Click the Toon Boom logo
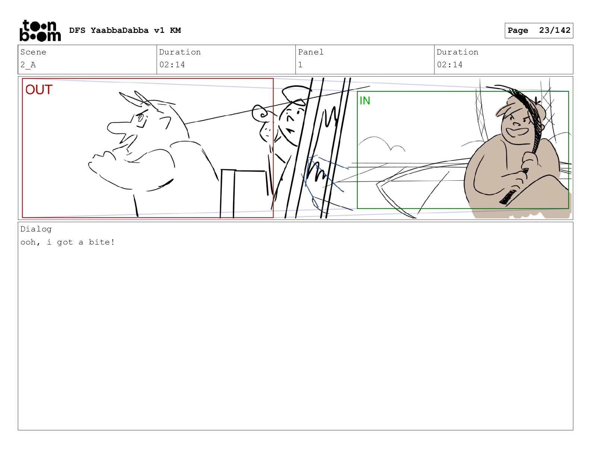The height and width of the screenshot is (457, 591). point(40,31)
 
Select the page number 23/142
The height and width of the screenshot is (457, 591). point(554,30)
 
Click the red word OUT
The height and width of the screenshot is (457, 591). point(39,90)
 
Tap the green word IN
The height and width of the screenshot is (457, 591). point(365,101)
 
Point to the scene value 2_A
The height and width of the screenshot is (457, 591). point(28,65)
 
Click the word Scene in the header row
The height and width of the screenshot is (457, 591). point(33,52)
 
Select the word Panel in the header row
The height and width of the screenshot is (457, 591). point(310,52)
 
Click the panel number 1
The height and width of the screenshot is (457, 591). point(300,65)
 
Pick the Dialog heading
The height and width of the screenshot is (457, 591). point(36,229)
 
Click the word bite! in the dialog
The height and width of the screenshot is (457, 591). point(102,242)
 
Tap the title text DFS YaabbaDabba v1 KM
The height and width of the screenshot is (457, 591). point(125,30)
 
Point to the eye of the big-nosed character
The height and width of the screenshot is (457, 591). point(141,118)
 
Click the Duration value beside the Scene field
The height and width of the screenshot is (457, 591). point(172,65)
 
